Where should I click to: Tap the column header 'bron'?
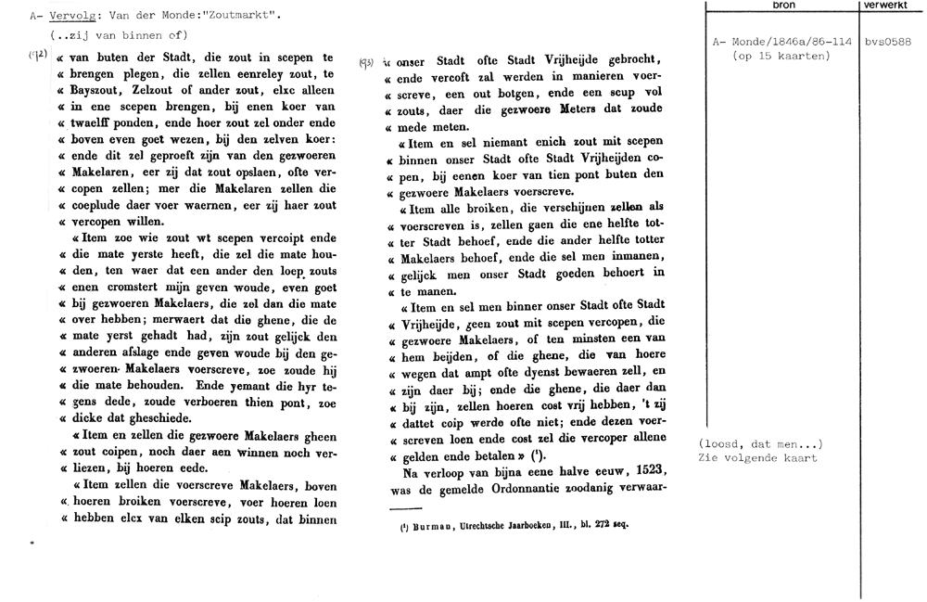(782, 6)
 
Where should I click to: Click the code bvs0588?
(888, 42)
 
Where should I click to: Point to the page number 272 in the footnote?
(599, 524)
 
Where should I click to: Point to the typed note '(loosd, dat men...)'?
(761, 442)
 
